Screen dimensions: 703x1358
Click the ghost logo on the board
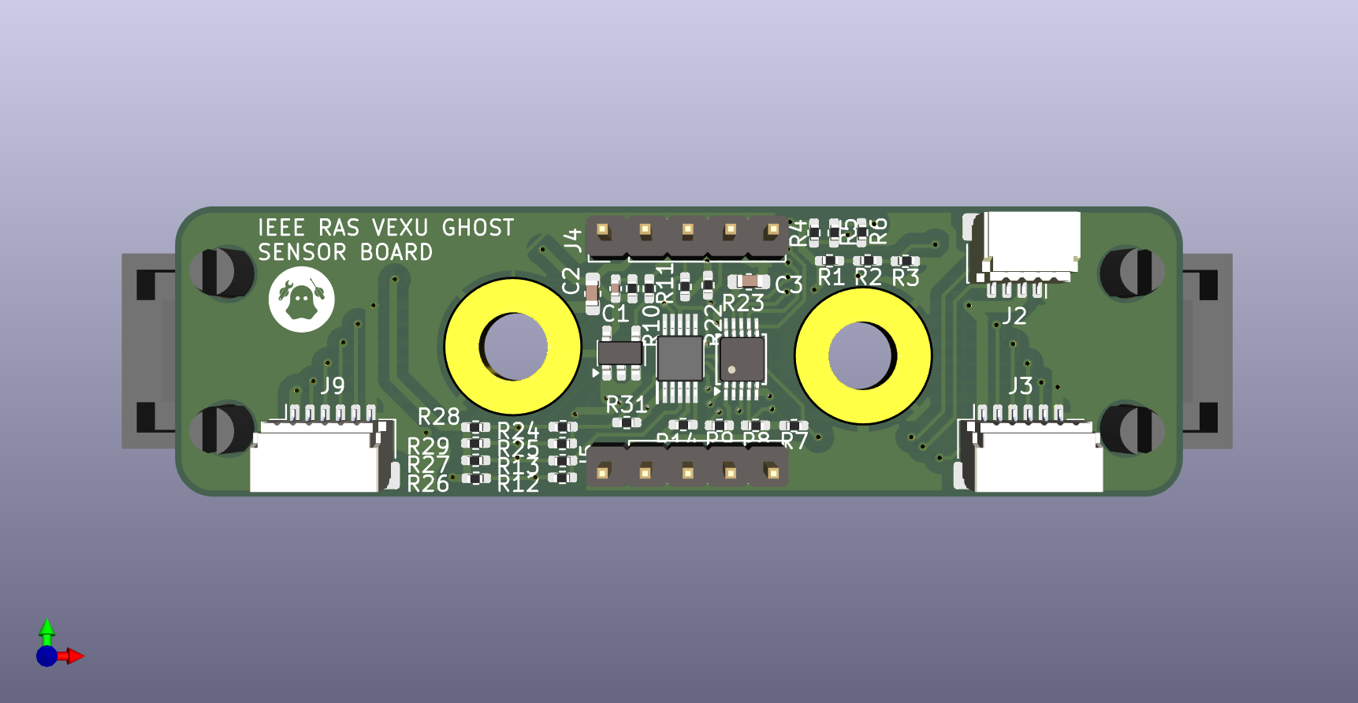(x=301, y=299)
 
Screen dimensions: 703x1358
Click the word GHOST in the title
(x=478, y=228)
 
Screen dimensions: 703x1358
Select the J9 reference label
(x=333, y=385)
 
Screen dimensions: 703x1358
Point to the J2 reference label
(x=1014, y=316)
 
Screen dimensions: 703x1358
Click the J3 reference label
(x=1021, y=385)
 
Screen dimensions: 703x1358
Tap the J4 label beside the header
(x=573, y=240)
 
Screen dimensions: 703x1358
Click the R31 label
(x=626, y=405)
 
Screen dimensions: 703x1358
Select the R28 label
(x=438, y=416)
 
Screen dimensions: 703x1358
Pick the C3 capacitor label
(x=788, y=285)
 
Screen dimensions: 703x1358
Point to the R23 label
(x=743, y=303)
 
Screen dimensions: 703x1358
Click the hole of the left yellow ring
(x=514, y=346)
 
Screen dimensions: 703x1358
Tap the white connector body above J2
(x=1032, y=240)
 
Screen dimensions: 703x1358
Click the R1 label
(x=831, y=277)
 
